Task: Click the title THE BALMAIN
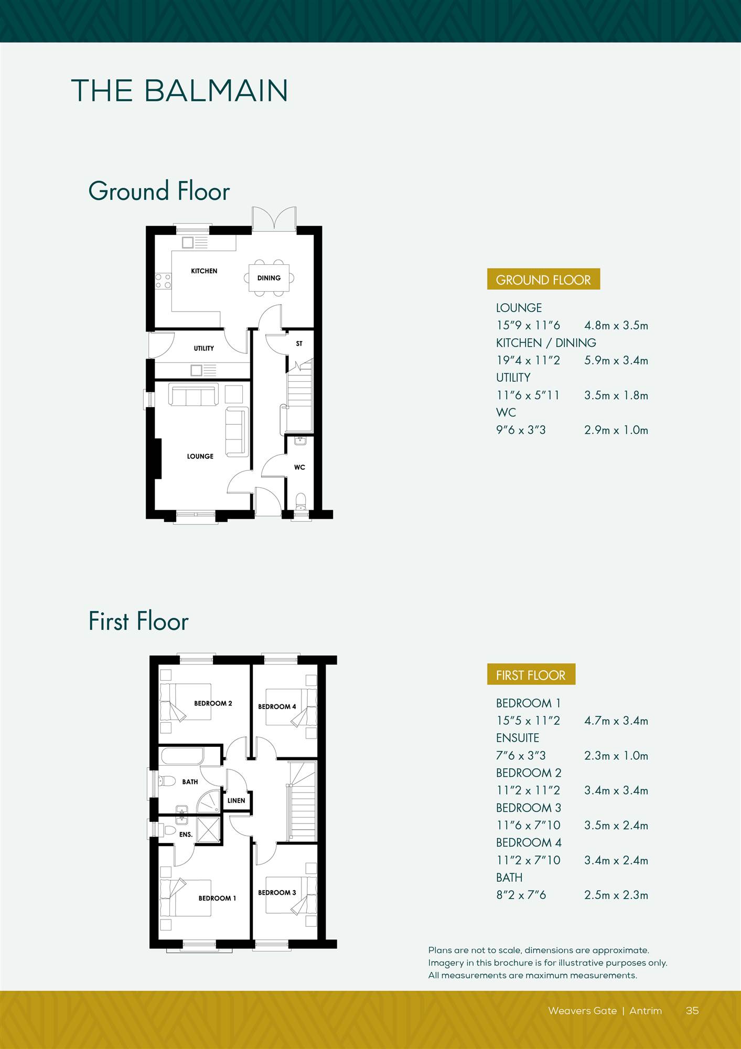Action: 179,91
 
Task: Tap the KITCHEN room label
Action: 204,271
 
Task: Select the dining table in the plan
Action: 269,278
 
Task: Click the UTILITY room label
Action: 204,348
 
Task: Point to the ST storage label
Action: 299,344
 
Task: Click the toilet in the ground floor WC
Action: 300,501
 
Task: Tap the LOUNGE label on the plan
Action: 200,456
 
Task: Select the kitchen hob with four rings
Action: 163,281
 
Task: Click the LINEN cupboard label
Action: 236,800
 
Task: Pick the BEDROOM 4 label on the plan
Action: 277,707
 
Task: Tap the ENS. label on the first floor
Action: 186,834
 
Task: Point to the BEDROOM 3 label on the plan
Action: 277,892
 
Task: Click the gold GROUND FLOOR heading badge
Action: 543,280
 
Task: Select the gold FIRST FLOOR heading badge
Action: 531,675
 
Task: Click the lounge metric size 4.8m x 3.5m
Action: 616,325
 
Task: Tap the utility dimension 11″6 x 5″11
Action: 528,395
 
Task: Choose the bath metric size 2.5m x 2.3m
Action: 616,895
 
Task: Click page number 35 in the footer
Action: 692,1011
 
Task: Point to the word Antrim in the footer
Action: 646,1011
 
